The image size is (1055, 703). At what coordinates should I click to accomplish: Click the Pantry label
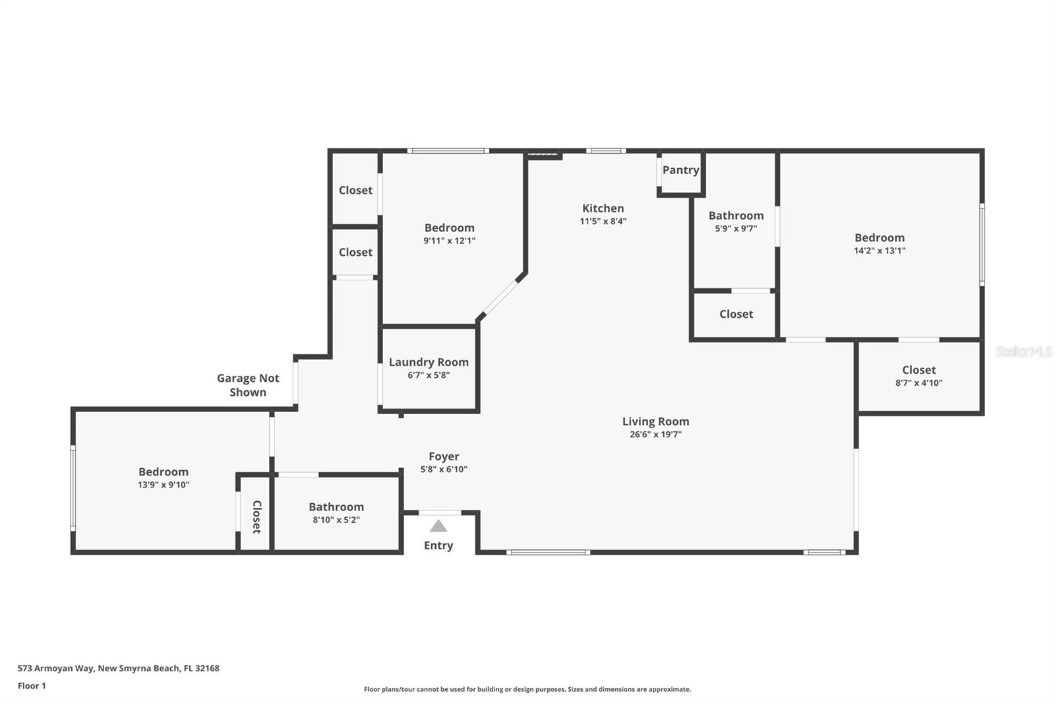coord(680,170)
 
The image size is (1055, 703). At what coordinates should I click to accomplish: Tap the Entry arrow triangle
coord(438,526)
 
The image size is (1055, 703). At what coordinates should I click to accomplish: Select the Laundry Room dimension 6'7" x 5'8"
coord(429,375)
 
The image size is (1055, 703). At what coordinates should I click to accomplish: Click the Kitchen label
coord(603,208)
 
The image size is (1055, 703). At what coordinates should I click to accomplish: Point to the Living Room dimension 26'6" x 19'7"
coord(655,435)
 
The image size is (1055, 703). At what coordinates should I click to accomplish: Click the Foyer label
coord(444,456)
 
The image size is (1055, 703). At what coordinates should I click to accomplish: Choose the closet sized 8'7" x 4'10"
coord(919,376)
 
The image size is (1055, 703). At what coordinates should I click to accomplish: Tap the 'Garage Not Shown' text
coord(248,385)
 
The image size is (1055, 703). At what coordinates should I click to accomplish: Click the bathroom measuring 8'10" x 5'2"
coord(336,512)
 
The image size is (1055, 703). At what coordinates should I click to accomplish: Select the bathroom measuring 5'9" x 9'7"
coord(736,222)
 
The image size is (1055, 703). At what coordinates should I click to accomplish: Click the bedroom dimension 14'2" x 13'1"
coord(880,251)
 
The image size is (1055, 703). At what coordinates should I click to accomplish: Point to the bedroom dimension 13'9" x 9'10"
coord(164,485)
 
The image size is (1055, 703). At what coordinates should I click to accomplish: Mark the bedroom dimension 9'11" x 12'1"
coord(449,241)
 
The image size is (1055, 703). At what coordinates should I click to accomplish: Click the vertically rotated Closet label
coord(256,516)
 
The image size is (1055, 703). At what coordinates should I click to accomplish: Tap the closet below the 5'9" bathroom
coord(736,315)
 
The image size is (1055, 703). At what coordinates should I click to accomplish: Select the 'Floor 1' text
coord(32,686)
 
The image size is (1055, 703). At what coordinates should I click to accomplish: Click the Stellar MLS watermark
coord(1023,352)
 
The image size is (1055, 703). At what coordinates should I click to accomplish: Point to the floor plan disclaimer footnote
coord(527,689)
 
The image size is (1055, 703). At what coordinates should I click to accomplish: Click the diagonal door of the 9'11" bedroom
coord(500,297)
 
